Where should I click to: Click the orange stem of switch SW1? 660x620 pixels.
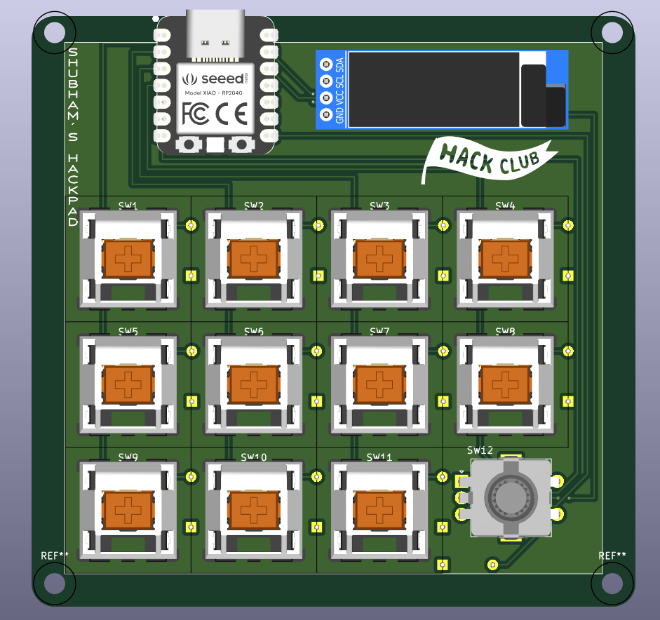tap(128, 258)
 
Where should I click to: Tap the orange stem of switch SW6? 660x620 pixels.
tap(254, 384)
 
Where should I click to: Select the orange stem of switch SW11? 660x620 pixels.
tap(379, 509)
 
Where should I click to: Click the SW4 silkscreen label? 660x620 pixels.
tap(505, 205)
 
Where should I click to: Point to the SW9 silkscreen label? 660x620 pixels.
tap(128, 457)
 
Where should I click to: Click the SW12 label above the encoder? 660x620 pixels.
tap(480, 450)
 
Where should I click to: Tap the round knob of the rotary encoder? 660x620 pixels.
tap(511, 497)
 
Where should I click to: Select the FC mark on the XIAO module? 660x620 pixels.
tap(195, 112)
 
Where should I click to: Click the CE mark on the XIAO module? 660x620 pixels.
tap(231, 112)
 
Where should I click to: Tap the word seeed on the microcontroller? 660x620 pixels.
tap(220, 78)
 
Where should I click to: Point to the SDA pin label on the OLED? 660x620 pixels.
tap(340, 65)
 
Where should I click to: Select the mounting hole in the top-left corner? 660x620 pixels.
tap(53, 32)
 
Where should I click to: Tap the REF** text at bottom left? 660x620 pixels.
tap(55, 556)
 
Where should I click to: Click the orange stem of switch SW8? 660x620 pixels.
tap(505, 384)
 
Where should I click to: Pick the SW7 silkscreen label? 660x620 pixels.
tap(379, 331)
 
